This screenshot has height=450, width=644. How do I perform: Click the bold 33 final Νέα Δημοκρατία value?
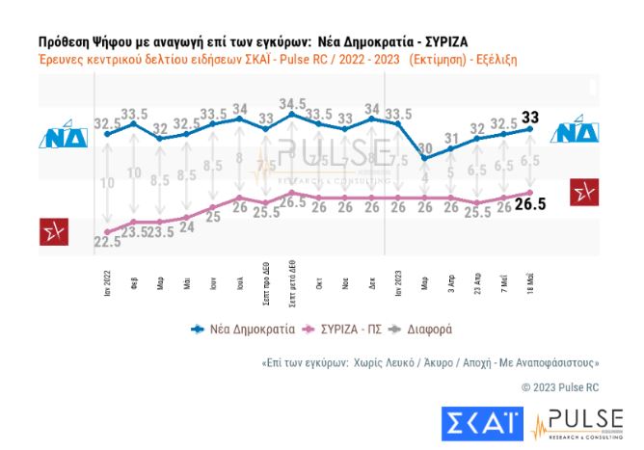(x=530, y=118)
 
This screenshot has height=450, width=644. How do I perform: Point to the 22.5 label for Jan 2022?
(x=107, y=241)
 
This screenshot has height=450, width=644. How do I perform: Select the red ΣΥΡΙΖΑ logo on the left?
(x=52, y=231)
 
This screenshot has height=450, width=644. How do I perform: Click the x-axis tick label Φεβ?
(x=134, y=283)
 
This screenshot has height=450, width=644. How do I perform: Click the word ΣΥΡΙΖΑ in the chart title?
(x=442, y=43)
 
